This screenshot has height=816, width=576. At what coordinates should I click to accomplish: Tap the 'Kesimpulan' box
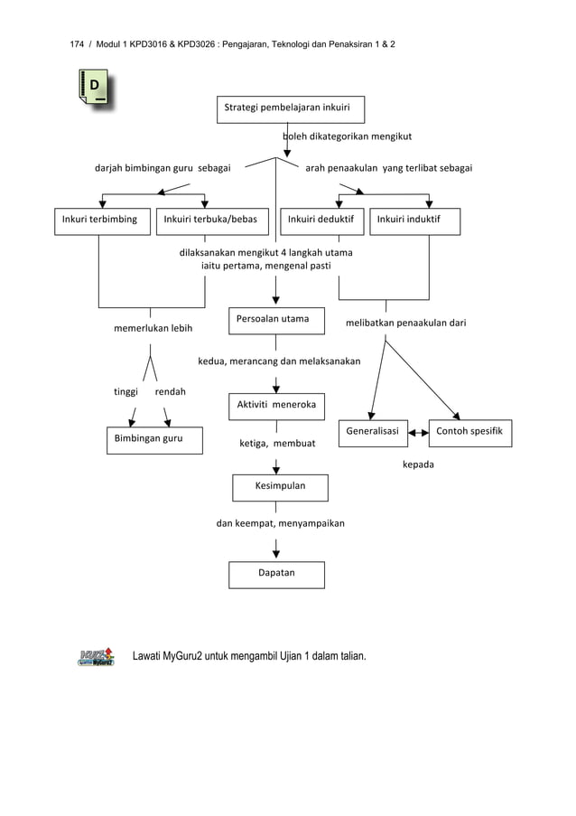point(280,487)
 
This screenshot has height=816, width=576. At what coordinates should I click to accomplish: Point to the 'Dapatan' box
point(276,575)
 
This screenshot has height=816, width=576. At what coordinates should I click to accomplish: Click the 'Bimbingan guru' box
point(154,440)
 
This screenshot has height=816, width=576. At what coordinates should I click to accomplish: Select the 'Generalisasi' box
point(373,433)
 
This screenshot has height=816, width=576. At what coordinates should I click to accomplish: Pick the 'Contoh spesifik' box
point(470,433)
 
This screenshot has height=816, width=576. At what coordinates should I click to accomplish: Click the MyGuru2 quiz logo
point(96,656)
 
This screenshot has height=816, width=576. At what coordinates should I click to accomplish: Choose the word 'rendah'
point(171,392)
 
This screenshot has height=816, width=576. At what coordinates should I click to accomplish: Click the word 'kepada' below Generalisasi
point(418,464)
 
